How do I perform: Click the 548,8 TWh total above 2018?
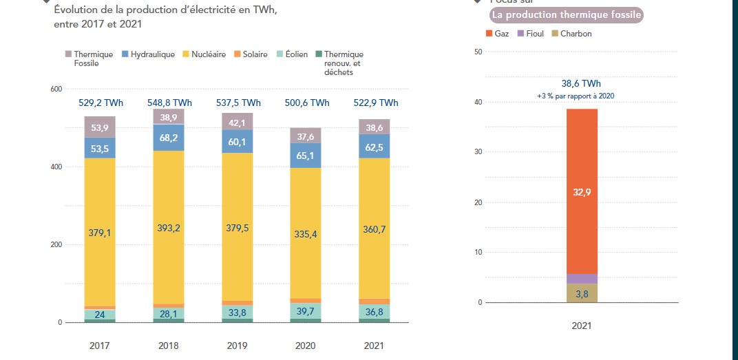click(169, 103)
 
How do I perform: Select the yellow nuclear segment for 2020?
click(306, 234)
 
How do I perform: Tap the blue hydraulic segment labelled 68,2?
click(169, 138)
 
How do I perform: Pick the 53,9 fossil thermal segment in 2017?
click(101, 127)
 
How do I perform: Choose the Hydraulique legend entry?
click(149, 54)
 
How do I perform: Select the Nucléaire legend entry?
click(204, 54)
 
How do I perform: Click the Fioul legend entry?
click(530, 34)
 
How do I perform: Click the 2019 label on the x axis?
click(238, 345)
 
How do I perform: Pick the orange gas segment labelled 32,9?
click(582, 192)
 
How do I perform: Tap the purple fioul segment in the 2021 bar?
click(582, 279)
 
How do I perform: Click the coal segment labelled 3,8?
click(582, 294)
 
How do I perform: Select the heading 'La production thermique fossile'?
click(565, 14)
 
